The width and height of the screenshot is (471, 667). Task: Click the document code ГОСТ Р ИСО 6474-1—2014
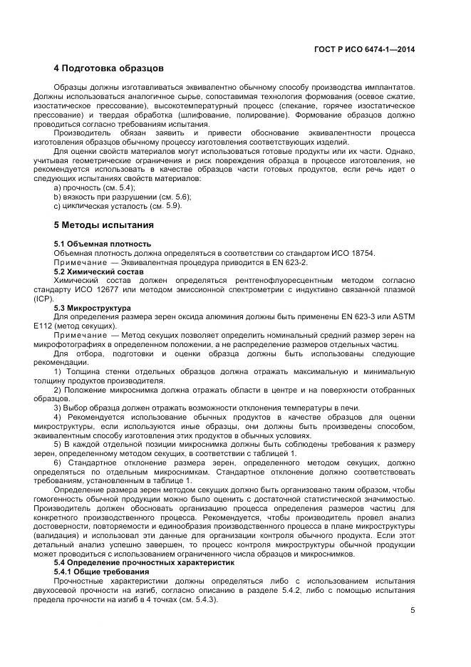click(365, 49)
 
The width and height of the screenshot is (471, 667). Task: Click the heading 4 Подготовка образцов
click(109, 68)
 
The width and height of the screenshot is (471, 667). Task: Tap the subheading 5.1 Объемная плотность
click(102, 244)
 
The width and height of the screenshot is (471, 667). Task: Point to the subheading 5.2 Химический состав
click(99, 272)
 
